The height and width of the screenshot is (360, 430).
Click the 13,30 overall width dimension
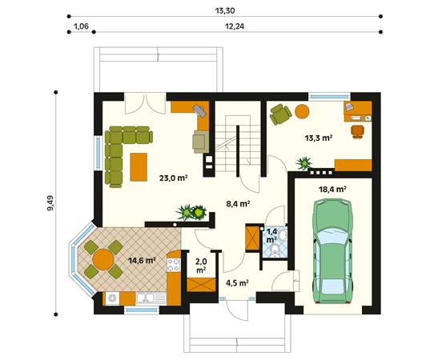point(225,10)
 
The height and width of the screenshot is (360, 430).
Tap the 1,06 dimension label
point(82,26)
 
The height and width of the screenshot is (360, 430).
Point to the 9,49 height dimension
point(50,203)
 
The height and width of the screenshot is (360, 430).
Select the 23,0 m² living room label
point(173,178)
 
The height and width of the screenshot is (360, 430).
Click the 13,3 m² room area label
point(319,138)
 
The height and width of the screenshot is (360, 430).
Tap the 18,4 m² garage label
point(332,190)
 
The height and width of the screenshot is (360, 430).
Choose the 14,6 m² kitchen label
point(142,260)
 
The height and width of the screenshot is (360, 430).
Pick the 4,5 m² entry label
point(237,282)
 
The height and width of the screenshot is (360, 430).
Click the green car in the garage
point(332,251)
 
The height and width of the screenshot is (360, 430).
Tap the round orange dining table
point(103,259)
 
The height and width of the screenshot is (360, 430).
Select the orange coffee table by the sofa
point(139,167)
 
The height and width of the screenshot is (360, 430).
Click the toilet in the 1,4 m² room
point(275,250)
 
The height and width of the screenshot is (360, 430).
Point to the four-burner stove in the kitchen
point(174,265)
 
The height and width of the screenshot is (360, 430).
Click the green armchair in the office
point(280,114)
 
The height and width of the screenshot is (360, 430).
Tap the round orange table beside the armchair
point(302,111)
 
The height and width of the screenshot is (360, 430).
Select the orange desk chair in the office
point(358,131)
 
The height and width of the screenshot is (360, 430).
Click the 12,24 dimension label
point(235,26)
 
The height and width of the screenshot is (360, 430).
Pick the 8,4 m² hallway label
point(238,204)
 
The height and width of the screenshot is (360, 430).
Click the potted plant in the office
point(304,163)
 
